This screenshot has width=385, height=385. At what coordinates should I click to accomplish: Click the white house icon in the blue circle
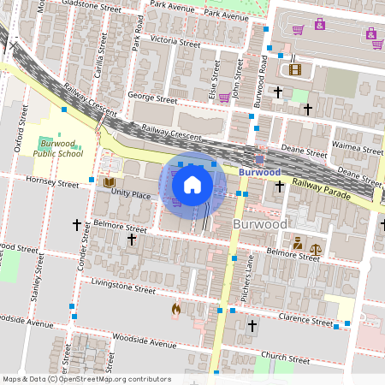[x=192, y=185]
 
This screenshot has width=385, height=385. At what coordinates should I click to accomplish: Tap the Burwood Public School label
[x=58, y=148]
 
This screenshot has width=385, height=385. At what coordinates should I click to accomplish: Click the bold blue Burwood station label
[x=259, y=172]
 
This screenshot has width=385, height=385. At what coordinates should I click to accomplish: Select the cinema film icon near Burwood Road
[x=294, y=69]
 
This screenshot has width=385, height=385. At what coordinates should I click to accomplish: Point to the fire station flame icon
[x=175, y=309]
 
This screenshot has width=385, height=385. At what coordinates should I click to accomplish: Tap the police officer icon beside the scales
[x=297, y=243]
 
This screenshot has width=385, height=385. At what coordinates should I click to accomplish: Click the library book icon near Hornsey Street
[x=109, y=182]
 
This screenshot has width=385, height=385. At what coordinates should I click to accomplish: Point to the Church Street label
[x=285, y=355]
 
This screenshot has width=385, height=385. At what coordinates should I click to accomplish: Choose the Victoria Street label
[x=175, y=40]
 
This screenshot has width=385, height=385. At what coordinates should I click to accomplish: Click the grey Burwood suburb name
[x=260, y=224]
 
